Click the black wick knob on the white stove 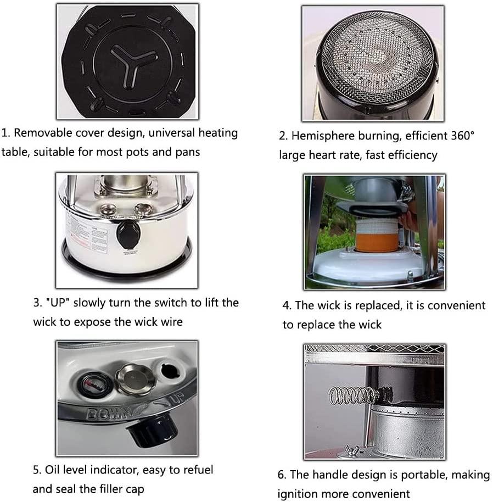click(x=128, y=235)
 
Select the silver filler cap click(x=135, y=380)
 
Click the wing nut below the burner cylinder click(x=353, y=449)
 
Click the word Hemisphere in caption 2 click(x=322, y=136)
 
